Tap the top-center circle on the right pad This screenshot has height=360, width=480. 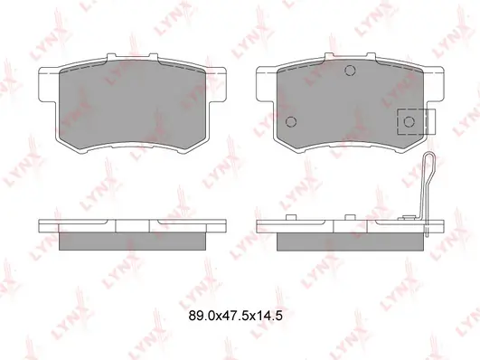click(350, 71)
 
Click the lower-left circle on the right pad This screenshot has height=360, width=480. click(291, 121)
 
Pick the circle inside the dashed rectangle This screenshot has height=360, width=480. click(409, 122)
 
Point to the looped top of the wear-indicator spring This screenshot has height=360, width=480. click(428, 159)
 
